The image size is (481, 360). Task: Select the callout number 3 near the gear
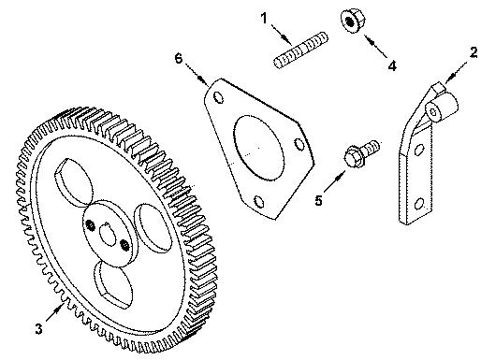(38, 328)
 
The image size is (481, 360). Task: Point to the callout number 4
(392, 66)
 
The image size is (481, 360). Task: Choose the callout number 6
(179, 58)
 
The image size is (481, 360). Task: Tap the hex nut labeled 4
(350, 22)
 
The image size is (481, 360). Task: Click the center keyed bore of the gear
(104, 233)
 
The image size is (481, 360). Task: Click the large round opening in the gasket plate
(255, 146)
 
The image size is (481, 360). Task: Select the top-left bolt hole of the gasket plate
(218, 98)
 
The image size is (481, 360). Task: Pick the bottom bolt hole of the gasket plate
(256, 198)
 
